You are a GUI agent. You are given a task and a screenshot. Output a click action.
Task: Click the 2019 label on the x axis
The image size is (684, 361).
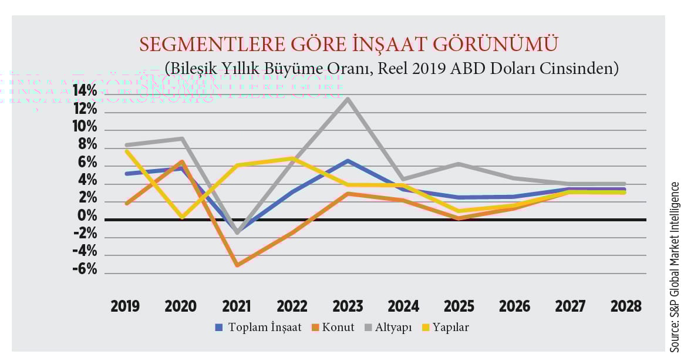(x=125, y=306)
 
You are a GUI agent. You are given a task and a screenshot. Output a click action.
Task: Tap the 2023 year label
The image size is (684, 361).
(x=348, y=306)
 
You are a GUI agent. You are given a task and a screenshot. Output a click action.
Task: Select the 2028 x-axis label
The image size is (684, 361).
(x=625, y=306)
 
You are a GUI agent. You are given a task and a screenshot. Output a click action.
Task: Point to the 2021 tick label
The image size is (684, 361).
(x=236, y=306)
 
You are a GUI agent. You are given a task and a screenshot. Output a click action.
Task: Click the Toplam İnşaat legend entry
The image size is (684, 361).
(x=259, y=328)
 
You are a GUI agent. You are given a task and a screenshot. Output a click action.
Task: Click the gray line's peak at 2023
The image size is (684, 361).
(x=348, y=99)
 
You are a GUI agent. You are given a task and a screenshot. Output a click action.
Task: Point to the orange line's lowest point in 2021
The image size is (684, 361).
(x=237, y=265)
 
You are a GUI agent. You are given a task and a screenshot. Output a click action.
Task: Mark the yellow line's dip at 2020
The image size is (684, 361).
(x=182, y=218)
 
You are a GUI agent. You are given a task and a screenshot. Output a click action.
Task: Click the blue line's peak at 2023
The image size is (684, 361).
(x=348, y=161)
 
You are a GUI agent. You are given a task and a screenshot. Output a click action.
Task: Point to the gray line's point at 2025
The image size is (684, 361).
(x=459, y=164)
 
